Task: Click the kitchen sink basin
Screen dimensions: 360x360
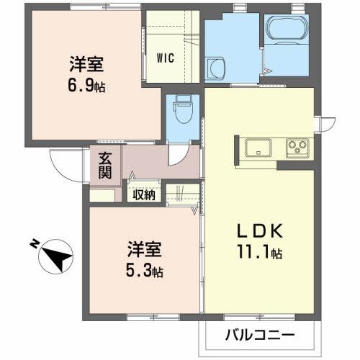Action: [x=256, y=148]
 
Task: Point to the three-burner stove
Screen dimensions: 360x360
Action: [x=295, y=148]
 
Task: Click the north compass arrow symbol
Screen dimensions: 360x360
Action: [x=54, y=256]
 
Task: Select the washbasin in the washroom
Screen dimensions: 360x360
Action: [x=216, y=68]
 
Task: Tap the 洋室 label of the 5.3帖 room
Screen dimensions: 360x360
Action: [x=145, y=253]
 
